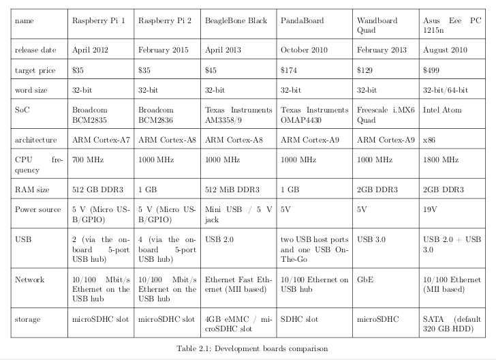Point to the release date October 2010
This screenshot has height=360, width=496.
tap(306, 50)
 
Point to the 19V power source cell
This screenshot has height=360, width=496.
tap(431, 209)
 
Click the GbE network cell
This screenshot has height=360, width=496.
tap(365, 280)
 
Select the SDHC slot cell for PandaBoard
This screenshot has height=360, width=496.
tap(299, 319)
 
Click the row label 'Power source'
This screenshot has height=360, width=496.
tap(38, 209)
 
